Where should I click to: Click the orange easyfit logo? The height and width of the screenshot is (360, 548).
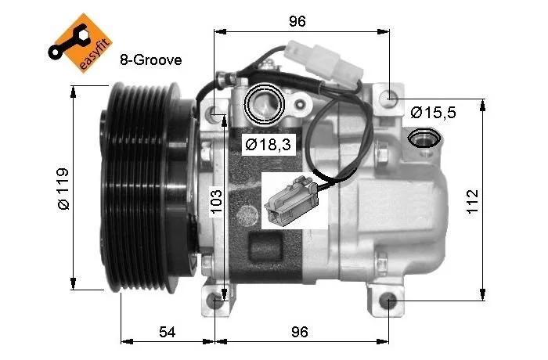[x=81, y=43]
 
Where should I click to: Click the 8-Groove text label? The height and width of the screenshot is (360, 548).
[x=150, y=60]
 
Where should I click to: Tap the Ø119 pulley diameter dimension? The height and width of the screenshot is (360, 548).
[x=64, y=189]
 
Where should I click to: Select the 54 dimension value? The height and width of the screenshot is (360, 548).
[x=167, y=332]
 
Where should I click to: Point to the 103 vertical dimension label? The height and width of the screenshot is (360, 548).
[x=217, y=201]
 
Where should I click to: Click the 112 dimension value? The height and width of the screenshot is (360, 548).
[x=472, y=201]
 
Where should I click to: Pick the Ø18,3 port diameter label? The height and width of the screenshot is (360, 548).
[x=268, y=144]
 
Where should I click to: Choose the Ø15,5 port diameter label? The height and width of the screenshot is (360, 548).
[x=434, y=113]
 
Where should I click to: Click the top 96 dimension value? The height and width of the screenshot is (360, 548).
[x=297, y=21]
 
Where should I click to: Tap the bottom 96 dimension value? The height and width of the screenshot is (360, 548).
[x=300, y=332]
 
